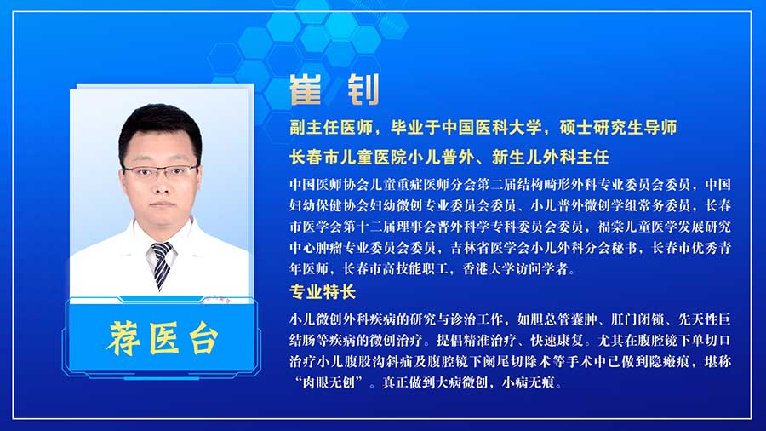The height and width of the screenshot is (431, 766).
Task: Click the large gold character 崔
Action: pos(306,90)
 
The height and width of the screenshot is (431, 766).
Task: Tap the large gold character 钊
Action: pos(363,90)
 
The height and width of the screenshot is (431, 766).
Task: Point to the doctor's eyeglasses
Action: pos(160,171)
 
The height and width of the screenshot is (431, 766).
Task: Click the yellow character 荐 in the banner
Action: pos(123,337)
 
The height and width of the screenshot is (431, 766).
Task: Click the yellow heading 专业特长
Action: pos(323,292)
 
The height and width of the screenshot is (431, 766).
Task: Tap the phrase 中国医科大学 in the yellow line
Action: pos(491,128)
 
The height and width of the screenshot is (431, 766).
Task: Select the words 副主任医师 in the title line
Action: pos(331,128)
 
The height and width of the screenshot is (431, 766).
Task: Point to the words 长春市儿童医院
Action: pos(348,157)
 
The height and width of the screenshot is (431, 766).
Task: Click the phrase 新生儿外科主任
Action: pos(550,157)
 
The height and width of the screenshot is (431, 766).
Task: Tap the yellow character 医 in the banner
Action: pos(163,337)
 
